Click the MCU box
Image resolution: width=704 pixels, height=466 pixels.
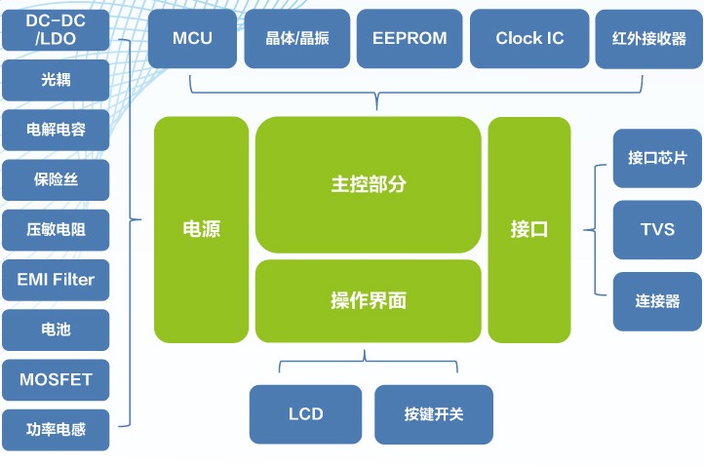click(192, 39)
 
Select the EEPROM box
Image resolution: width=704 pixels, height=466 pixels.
click(410, 39)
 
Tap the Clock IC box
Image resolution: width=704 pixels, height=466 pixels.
click(529, 39)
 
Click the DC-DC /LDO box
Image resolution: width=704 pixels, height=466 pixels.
click(56, 30)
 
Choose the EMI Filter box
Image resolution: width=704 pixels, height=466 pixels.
click(56, 280)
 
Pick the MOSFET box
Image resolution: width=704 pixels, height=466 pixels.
click(56, 380)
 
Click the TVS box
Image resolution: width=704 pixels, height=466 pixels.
click(657, 230)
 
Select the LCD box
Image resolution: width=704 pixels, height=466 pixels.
click(305, 414)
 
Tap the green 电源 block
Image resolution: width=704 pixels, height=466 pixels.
click(201, 230)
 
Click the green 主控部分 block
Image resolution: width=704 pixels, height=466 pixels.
click(369, 184)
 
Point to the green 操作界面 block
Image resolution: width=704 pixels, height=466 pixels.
click(369, 301)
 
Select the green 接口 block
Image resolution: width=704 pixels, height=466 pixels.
click(529, 230)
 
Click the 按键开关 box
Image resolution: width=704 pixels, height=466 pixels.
click(434, 414)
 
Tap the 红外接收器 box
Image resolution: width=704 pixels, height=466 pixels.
click(648, 39)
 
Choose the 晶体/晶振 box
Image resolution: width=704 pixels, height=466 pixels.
click(296, 39)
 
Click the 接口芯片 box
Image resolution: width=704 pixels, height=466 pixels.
click(657, 158)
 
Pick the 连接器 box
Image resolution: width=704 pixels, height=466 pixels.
click(657, 301)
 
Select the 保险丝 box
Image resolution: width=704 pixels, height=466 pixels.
click(56, 180)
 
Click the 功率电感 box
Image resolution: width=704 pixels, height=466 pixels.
click(56, 430)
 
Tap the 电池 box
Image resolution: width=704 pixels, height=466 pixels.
click(56, 330)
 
